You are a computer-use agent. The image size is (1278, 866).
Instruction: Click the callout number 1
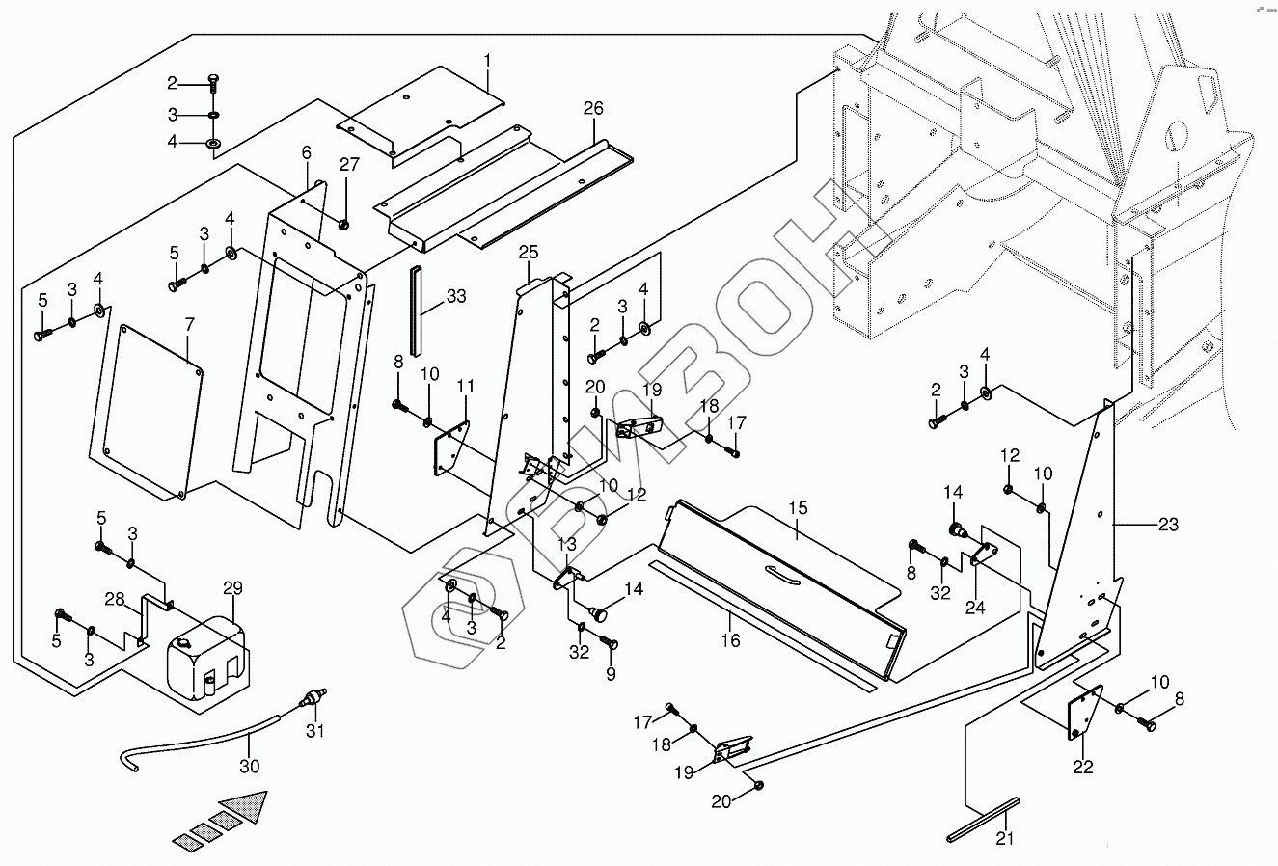[x=487, y=61]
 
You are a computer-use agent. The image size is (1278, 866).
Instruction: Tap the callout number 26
[x=592, y=109]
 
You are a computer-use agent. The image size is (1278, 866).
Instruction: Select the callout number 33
[x=456, y=296]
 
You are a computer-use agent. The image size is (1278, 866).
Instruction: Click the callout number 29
[x=232, y=588]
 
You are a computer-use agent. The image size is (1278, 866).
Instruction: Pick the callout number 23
[x=1168, y=526]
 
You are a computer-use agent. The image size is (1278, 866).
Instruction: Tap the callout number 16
[x=730, y=639]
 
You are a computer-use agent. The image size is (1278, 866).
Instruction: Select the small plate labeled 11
[x=450, y=449]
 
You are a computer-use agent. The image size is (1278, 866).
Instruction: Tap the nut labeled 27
[x=343, y=224]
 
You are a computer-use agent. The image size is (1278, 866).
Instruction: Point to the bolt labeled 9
[x=609, y=644]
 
